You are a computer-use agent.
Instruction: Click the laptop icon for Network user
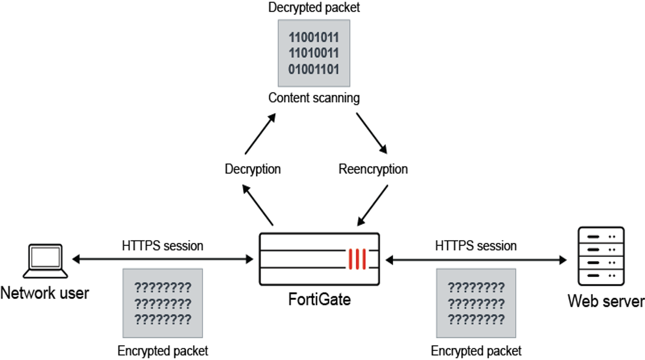[45, 261]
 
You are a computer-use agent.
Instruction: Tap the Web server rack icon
[602, 256]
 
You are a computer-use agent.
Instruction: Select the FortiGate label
[319, 299]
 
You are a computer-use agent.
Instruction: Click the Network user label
[45, 293]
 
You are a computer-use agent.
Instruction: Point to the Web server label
[606, 301]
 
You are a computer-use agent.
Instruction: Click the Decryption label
[253, 169]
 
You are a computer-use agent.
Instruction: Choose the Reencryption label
[373, 169]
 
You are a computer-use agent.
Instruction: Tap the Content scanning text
[314, 98]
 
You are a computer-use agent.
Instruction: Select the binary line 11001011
[314, 38]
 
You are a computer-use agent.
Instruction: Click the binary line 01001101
[314, 70]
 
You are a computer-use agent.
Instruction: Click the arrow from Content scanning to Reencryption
[371, 133]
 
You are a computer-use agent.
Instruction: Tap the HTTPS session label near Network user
[163, 246]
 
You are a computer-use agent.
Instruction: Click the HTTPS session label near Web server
[476, 246]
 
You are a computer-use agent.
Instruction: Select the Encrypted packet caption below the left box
[163, 351]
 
